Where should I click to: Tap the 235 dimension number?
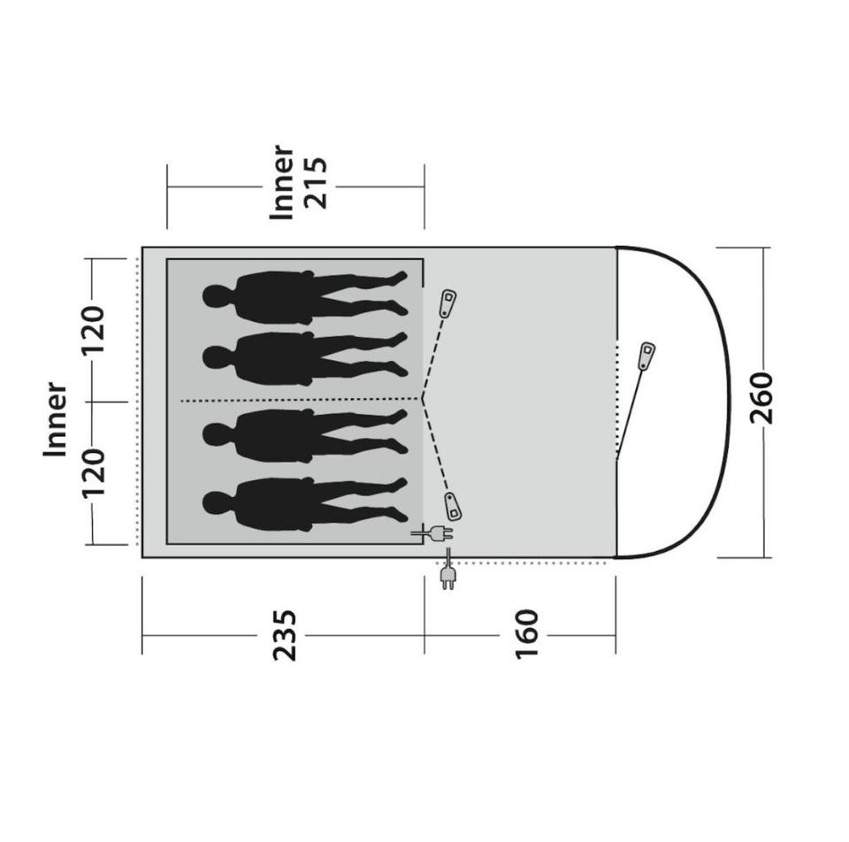pyautogui.click(x=285, y=635)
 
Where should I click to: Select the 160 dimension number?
pyautogui.click(x=527, y=634)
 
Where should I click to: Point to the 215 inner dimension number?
pyautogui.click(x=316, y=182)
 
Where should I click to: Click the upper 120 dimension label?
pyautogui.click(x=93, y=330)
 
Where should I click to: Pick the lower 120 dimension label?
pyautogui.click(x=93, y=472)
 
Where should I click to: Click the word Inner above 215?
pyautogui.click(x=281, y=182)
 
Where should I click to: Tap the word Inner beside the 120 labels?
pyautogui.click(x=55, y=419)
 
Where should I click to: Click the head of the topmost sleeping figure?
pyautogui.click(x=216, y=296)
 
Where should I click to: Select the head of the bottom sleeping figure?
pyautogui.click(x=216, y=503)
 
